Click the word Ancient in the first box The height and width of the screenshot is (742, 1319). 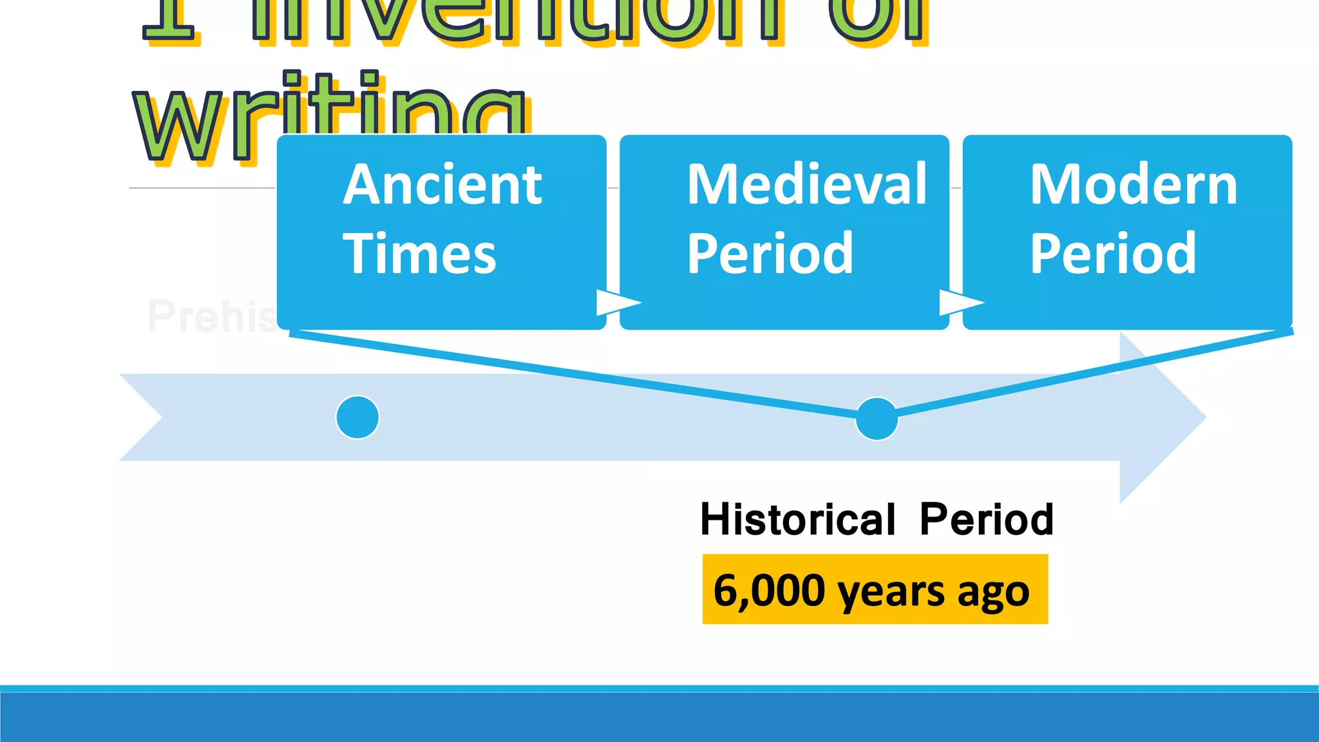point(442,185)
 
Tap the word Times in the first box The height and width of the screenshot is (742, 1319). point(419,253)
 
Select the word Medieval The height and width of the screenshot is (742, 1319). point(806,185)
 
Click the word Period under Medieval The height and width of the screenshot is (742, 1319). point(770,253)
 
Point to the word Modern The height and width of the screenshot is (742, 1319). point(1134,185)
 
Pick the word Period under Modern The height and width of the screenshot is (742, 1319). point(1113,253)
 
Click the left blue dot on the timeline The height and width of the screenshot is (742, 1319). point(357,417)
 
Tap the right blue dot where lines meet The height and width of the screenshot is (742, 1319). point(877,419)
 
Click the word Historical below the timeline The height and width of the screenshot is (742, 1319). point(797,519)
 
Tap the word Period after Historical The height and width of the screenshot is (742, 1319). point(986,519)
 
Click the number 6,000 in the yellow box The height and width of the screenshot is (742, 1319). point(769,590)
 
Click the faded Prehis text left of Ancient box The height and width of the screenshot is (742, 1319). point(211,316)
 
